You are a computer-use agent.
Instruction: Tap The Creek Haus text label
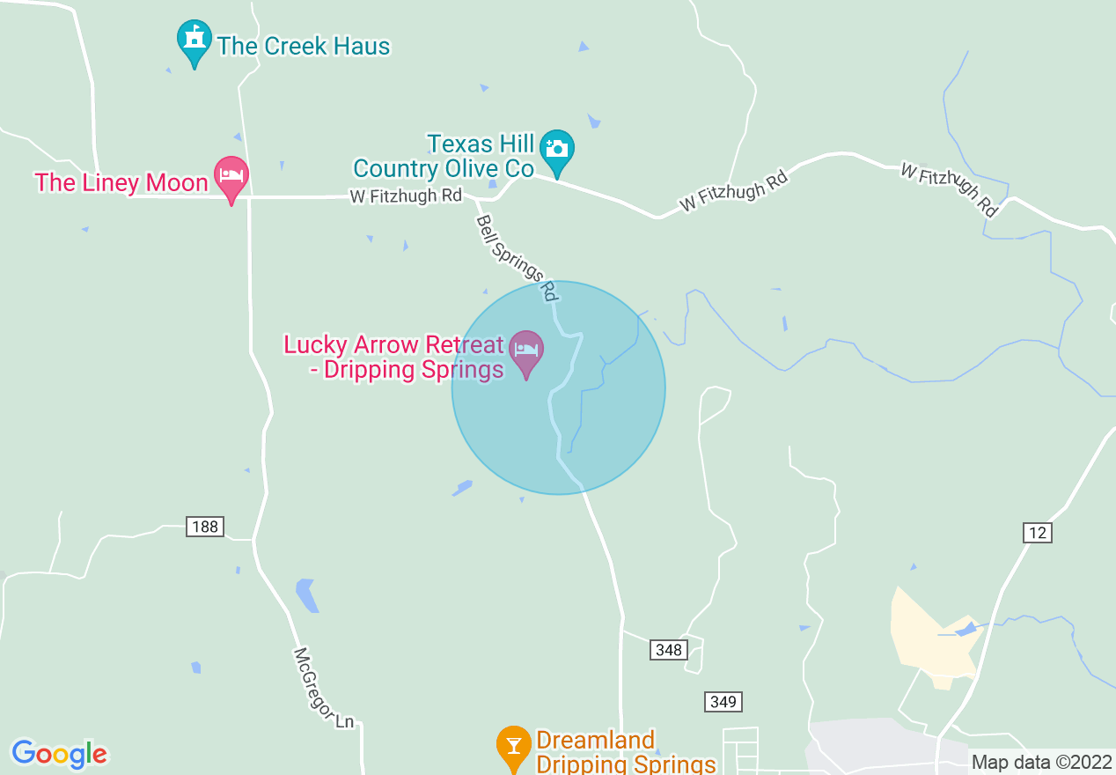click(x=304, y=46)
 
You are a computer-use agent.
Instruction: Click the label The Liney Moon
click(x=121, y=182)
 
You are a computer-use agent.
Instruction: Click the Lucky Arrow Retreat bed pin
click(x=526, y=351)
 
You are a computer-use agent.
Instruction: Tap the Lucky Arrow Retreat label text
click(x=393, y=357)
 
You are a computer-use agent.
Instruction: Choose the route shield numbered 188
click(x=205, y=527)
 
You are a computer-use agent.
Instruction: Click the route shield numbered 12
click(x=1038, y=532)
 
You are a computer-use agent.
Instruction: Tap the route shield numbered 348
click(x=669, y=650)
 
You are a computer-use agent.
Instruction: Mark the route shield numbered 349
click(x=723, y=702)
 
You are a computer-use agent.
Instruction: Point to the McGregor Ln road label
click(x=323, y=689)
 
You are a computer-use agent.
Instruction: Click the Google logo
click(x=59, y=754)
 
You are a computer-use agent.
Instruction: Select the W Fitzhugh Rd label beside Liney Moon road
click(x=406, y=196)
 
